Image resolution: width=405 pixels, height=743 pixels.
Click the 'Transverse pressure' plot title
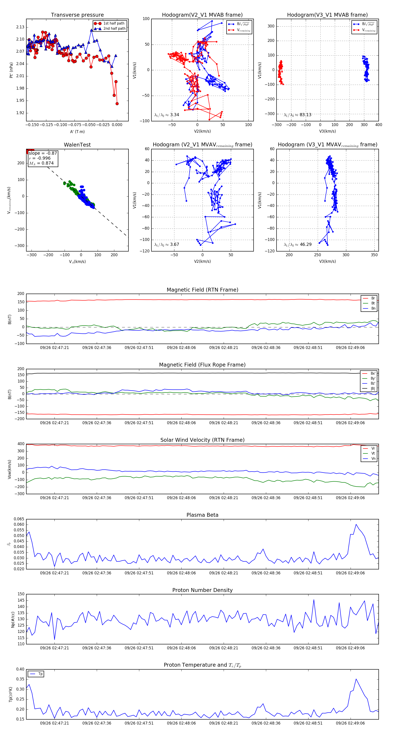(77, 15)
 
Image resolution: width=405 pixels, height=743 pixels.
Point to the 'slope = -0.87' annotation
(43, 153)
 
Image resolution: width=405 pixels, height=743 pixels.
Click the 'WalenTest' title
(77, 145)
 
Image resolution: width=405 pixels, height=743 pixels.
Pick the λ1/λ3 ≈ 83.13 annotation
(297, 115)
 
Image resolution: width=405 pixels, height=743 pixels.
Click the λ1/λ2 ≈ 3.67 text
(166, 245)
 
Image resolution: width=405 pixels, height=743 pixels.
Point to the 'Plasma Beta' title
(202, 515)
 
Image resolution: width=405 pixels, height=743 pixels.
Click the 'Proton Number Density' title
(202, 590)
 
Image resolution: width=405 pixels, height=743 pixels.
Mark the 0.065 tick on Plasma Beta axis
(19, 519)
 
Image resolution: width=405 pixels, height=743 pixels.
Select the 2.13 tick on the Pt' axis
(20, 27)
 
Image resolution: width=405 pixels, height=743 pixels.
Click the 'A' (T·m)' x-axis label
(77, 131)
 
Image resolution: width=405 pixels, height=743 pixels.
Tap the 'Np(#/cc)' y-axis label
(13, 619)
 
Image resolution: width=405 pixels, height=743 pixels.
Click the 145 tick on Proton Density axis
(21, 600)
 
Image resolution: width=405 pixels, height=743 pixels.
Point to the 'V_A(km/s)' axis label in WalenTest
(77, 262)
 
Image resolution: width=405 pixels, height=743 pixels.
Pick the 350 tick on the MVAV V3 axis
(374, 255)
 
